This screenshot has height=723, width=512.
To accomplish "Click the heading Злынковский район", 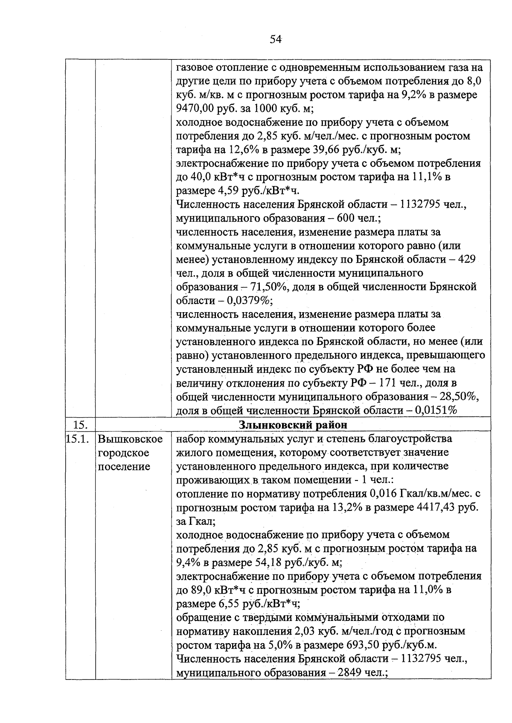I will coord(293,425).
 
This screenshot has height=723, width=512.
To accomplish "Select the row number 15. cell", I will coord(80,425).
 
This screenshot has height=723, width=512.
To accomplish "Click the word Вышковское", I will coord(130,439).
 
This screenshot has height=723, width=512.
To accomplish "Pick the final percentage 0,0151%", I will coord(439,411).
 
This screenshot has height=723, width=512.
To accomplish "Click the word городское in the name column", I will coord(124,453).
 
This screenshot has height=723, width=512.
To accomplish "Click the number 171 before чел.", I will coord(398,383).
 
